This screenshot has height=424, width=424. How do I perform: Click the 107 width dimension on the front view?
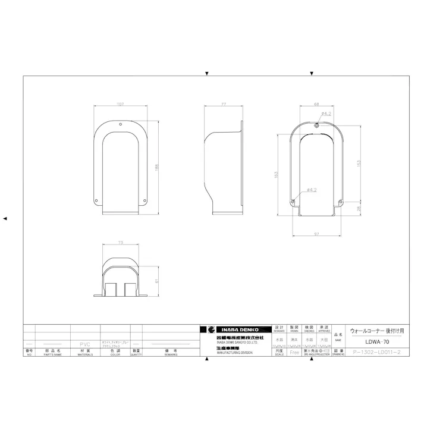click(120, 105)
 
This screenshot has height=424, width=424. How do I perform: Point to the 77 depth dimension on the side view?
click(224, 105)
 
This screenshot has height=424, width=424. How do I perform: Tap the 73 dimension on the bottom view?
click(120, 243)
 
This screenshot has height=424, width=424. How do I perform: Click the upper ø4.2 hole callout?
click(325, 113)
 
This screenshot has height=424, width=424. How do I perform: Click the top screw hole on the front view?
click(120, 125)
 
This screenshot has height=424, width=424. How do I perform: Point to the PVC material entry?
click(85, 344)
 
